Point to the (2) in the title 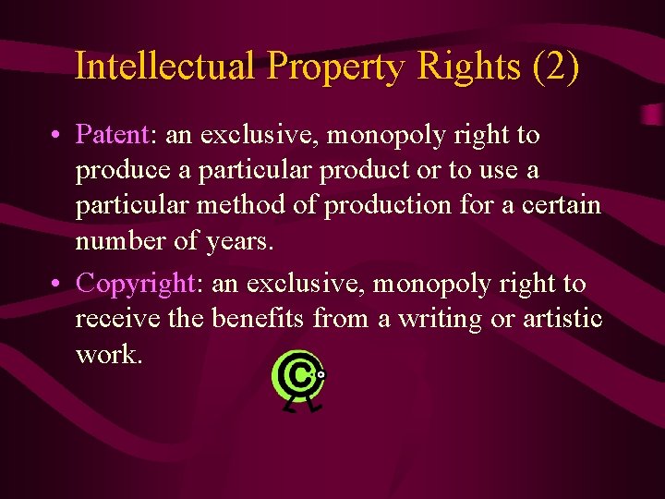(x=556, y=67)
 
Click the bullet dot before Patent (x=57, y=136)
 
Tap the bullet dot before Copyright (x=57, y=283)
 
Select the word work (x=109, y=355)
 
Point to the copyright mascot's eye (x=320, y=375)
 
